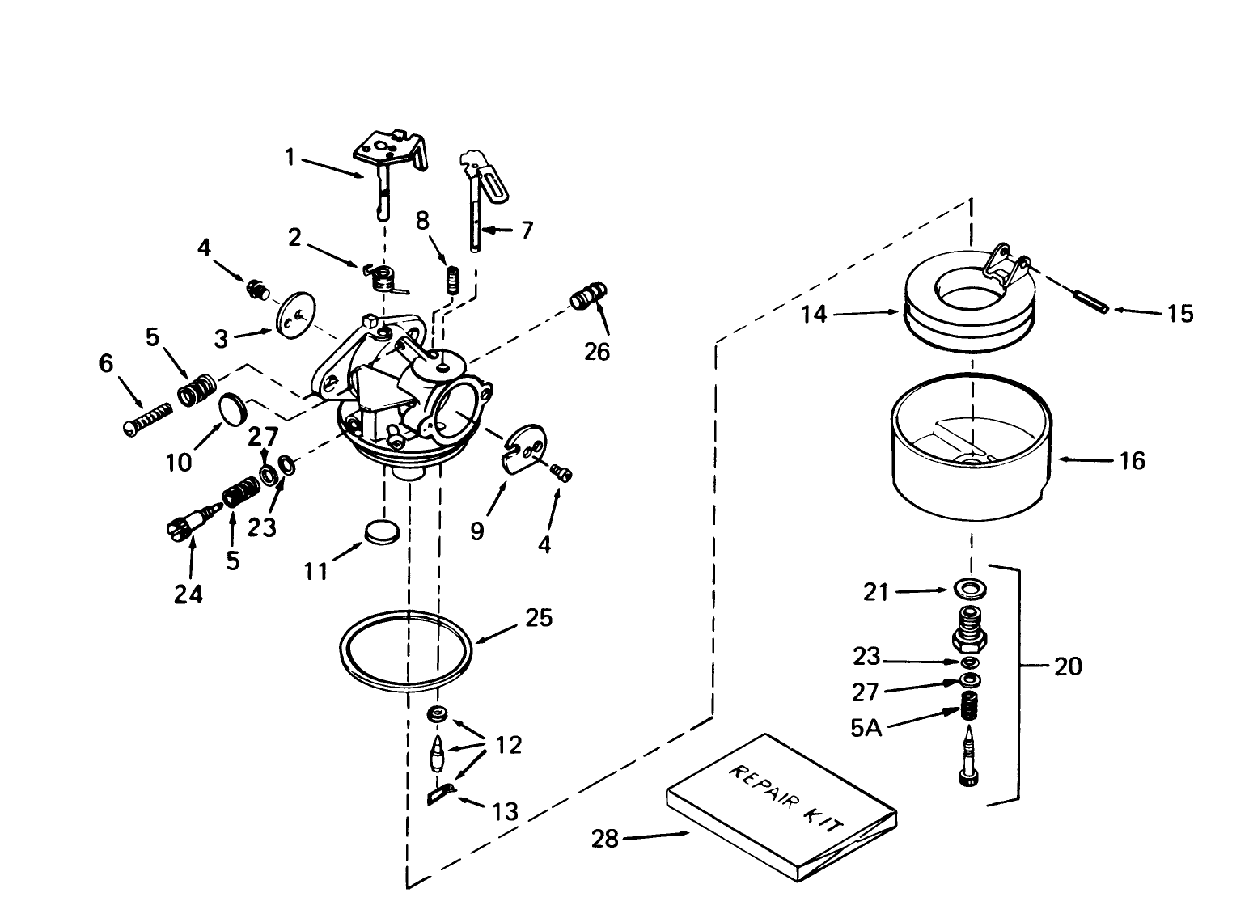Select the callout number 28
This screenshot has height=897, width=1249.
[x=604, y=840]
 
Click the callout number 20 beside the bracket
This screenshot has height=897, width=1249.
[x=1067, y=666]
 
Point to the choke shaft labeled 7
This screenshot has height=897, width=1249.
[x=480, y=198]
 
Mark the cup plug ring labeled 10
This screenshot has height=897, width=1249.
[x=234, y=408]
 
